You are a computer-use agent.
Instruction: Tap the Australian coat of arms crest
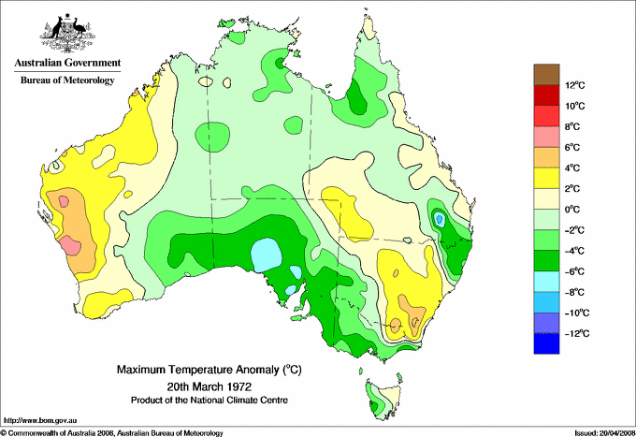[66, 30]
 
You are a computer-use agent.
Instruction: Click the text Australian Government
[66, 63]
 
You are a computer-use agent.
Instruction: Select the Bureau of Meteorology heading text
[66, 80]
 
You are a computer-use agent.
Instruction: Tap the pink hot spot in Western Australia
[69, 246]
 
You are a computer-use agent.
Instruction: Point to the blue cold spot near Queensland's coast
[439, 219]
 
